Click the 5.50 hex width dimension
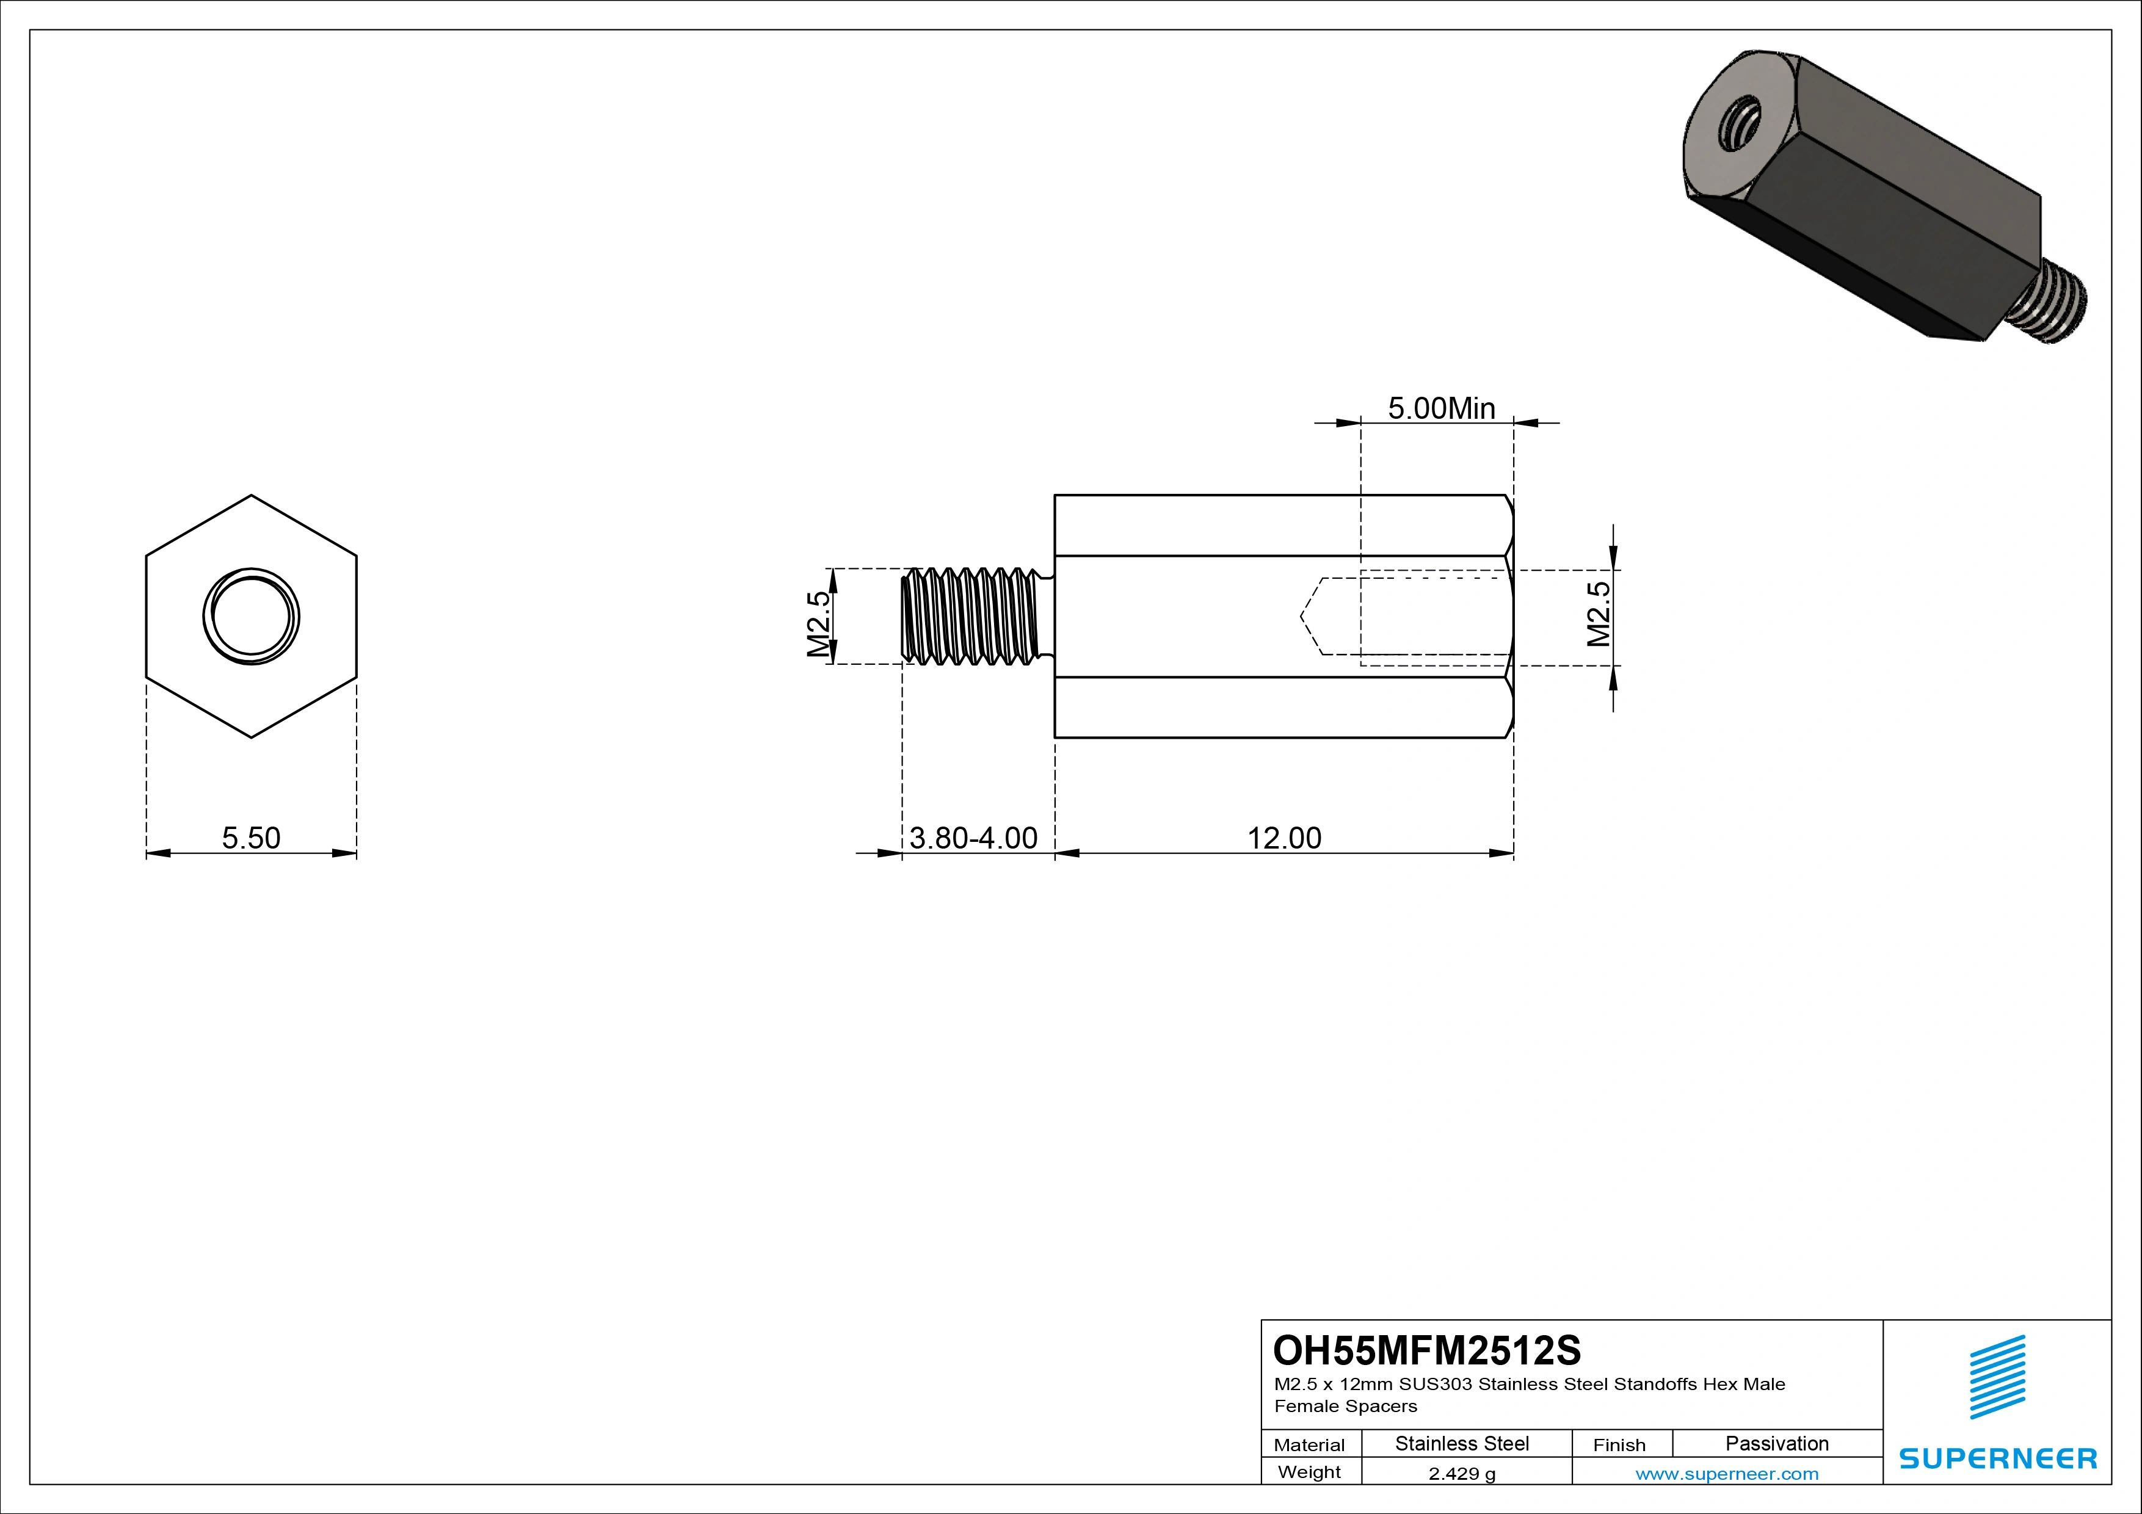click(x=251, y=838)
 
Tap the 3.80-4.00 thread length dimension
click(x=973, y=838)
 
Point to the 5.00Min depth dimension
click(x=1442, y=408)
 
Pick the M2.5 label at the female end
click(x=1598, y=614)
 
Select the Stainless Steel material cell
click(x=1462, y=1443)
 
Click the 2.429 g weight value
click(x=1462, y=1474)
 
